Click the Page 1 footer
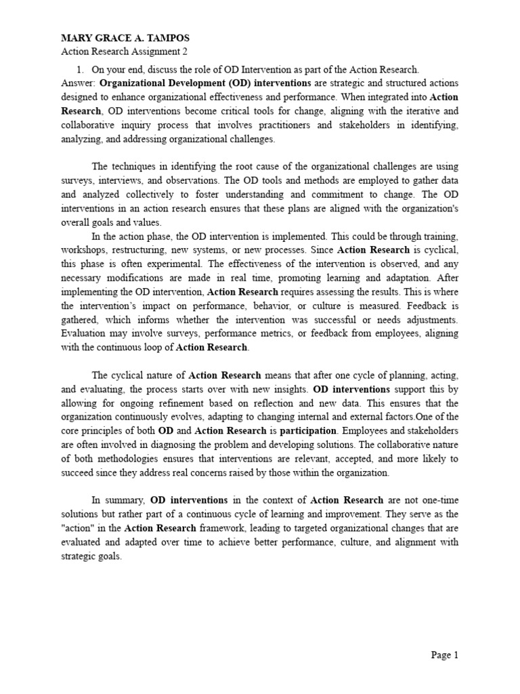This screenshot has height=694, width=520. (445, 655)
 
